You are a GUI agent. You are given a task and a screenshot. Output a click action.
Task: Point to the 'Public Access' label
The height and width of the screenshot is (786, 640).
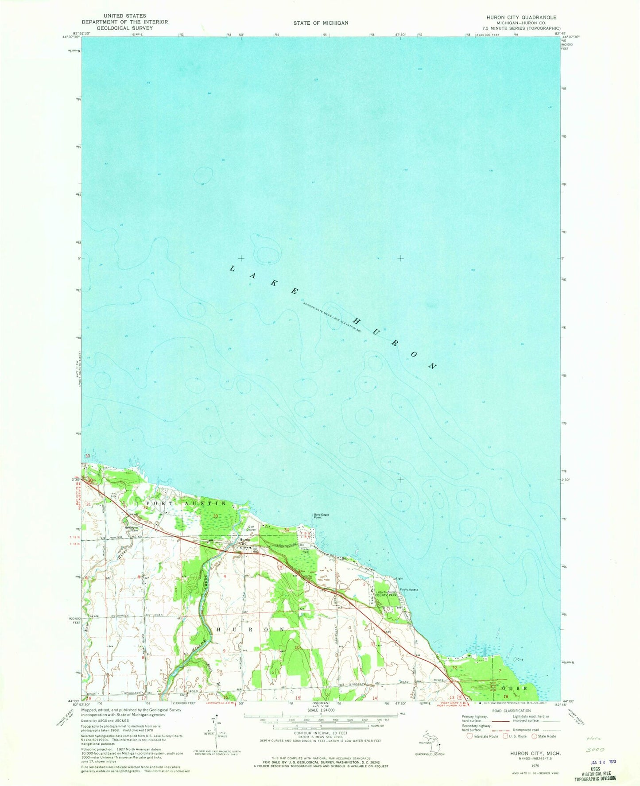(408, 589)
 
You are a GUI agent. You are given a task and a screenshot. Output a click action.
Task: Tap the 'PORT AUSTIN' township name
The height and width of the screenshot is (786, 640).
(186, 504)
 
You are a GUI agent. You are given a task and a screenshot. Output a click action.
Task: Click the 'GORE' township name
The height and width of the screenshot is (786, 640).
(514, 688)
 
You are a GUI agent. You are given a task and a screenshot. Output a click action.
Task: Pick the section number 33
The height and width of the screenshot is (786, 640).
(215, 516)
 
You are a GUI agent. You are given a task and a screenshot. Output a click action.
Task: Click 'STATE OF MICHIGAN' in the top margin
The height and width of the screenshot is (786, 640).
(320, 23)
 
